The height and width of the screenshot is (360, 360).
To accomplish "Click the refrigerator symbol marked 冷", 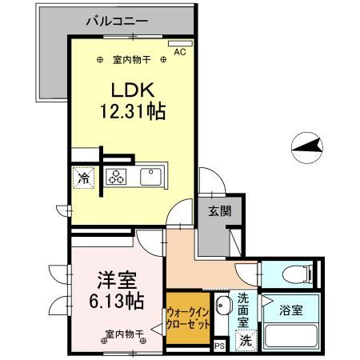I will [x=83, y=178].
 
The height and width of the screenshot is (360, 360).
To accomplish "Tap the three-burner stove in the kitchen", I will [x=118, y=177].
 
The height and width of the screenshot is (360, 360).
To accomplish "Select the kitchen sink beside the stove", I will [x=151, y=176].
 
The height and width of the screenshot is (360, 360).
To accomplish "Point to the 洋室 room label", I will [x=117, y=280].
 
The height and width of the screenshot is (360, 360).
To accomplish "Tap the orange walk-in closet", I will [x=189, y=321].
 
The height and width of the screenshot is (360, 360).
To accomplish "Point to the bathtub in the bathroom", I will [x=292, y=333].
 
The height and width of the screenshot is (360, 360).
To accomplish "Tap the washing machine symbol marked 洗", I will [x=246, y=339].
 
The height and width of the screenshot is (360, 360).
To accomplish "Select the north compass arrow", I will [x=309, y=146].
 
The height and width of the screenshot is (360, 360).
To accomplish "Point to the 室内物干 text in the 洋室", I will [x=121, y=334].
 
